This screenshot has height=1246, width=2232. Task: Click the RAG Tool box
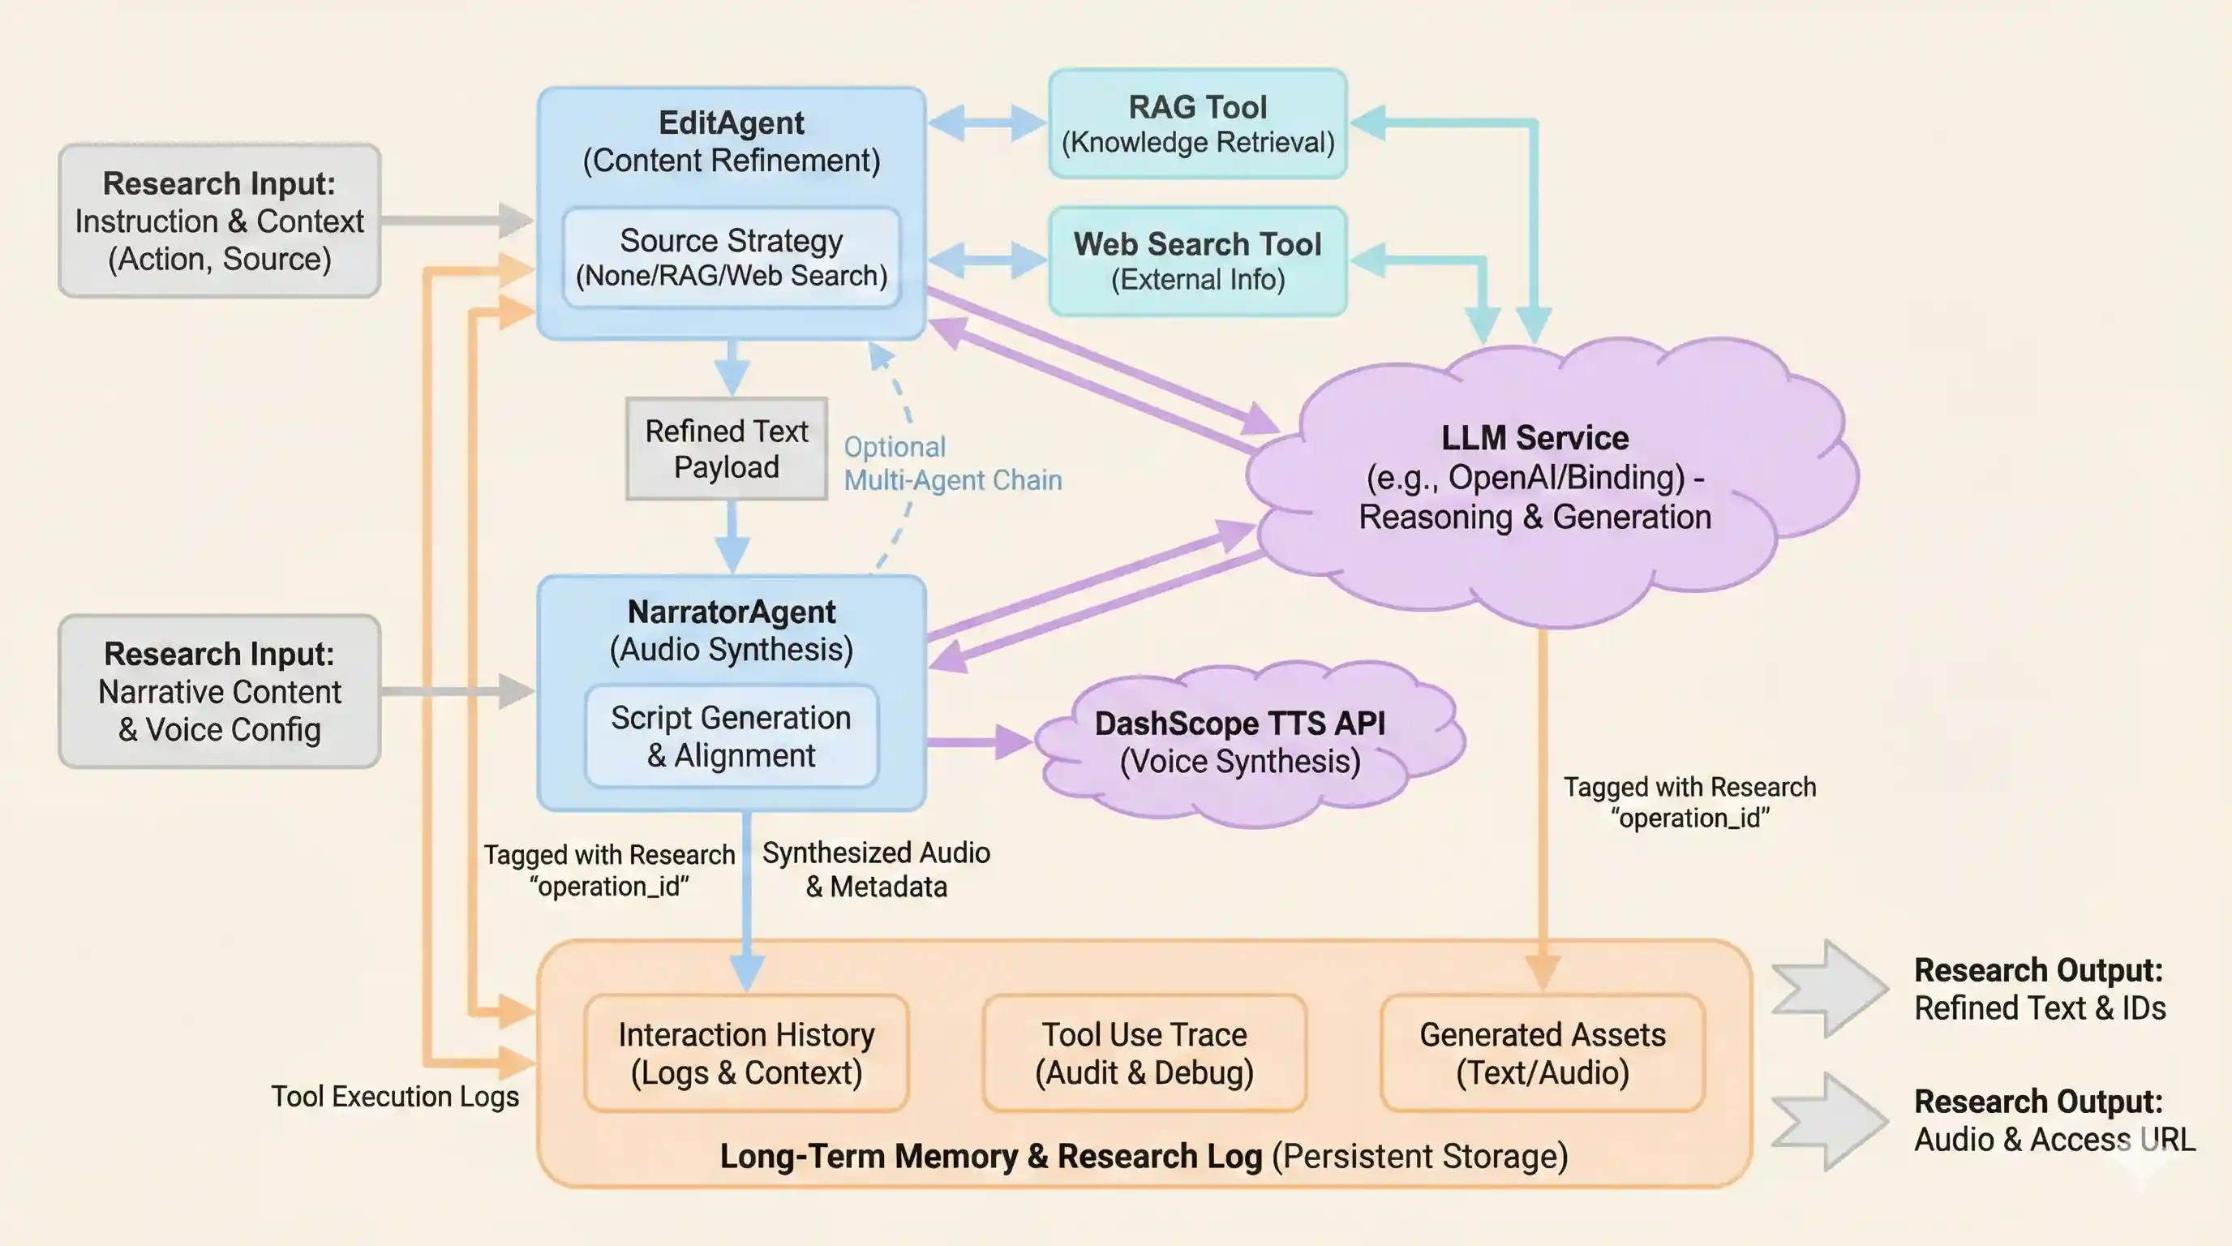coord(1197,124)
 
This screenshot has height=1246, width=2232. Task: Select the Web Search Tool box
coord(1197,261)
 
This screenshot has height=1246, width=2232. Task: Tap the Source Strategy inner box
coord(732,257)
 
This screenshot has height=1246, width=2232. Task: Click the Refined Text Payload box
coord(726,449)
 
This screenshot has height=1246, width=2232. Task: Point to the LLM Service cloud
coord(1534,479)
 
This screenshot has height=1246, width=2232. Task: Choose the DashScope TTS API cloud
coord(1240,741)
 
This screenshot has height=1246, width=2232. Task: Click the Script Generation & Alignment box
coord(732,737)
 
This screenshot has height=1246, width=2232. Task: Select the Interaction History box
coord(746,1053)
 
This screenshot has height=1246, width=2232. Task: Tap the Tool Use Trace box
coord(1144,1053)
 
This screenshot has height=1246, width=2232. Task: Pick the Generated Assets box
coord(1542,1053)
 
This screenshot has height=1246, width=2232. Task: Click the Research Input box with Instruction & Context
coord(219,221)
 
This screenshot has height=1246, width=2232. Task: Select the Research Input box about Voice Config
coord(219,691)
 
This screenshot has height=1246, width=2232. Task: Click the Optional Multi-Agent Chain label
coord(951,463)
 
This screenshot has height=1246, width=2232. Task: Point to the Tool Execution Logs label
coord(395,1096)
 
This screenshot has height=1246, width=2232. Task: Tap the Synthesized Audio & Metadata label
coord(876,869)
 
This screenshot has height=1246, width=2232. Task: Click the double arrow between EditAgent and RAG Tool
coord(986,123)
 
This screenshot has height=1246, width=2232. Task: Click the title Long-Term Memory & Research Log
coord(990,1156)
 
